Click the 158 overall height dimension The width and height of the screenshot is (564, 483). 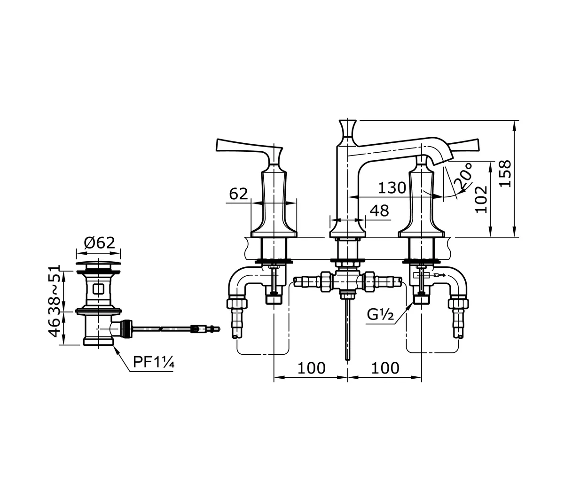click(504, 173)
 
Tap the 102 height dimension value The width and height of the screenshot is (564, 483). click(481, 200)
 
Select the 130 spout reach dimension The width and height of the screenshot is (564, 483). click(392, 188)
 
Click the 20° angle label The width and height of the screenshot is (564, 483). click(462, 177)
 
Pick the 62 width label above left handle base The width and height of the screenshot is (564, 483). click(238, 194)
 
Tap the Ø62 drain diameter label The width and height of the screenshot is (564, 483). click(99, 243)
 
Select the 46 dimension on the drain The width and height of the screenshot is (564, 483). click(55, 327)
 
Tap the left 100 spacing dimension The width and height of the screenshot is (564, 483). click(311, 368)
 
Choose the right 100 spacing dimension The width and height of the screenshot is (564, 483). click(385, 368)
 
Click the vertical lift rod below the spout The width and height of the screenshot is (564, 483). click(347, 329)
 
